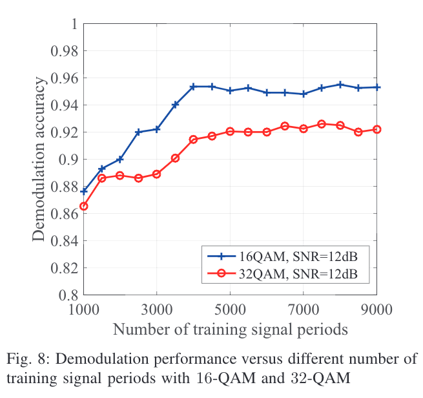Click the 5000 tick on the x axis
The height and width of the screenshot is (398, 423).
click(230, 308)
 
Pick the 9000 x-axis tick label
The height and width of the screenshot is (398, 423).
click(377, 308)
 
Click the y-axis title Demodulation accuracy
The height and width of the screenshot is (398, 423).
click(39, 159)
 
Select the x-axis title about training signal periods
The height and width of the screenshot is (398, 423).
click(230, 329)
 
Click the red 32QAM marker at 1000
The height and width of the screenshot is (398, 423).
click(83, 206)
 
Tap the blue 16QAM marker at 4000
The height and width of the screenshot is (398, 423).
click(193, 87)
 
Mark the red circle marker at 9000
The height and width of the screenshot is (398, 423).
click(377, 129)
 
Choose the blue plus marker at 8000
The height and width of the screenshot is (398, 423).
click(340, 85)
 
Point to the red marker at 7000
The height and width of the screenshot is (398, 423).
click(304, 129)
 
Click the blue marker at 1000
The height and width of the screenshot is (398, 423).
click(83, 191)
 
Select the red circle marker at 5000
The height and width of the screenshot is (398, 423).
click(230, 131)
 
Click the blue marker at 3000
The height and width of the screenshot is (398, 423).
click(157, 129)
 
